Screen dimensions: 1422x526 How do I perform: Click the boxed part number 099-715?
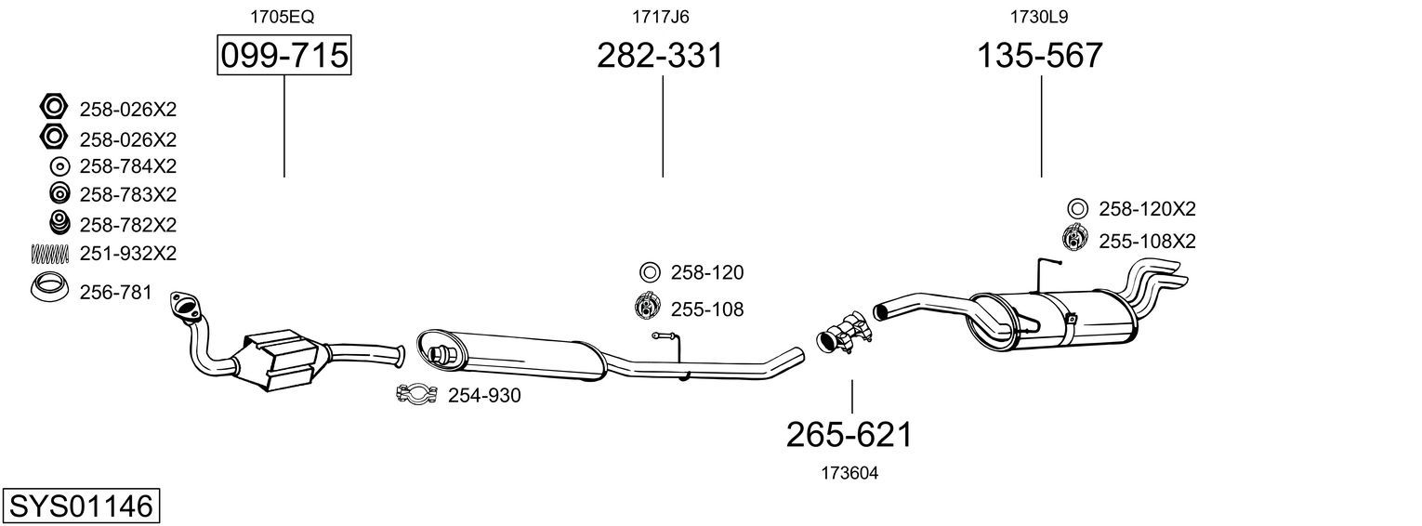tap(283, 55)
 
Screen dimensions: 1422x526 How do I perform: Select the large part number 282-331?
tap(660, 55)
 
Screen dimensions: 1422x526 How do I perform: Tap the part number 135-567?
tap(1040, 55)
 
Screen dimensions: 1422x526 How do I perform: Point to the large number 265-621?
tap(849, 435)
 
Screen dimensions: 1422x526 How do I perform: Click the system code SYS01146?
tap(81, 506)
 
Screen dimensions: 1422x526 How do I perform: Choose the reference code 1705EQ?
tap(282, 17)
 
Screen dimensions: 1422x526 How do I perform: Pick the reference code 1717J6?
tap(660, 17)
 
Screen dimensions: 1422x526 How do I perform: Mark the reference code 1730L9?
tap(1039, 17)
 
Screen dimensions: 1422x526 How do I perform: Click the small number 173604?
tap(849, 473)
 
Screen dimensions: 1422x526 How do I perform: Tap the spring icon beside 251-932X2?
tap(49, 254)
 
